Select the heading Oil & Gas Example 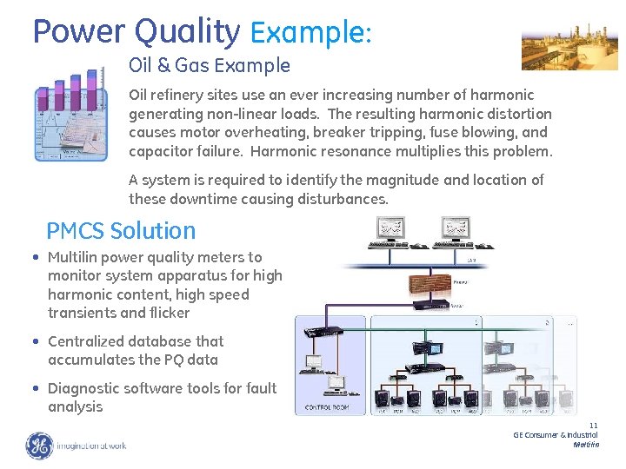point(209,65)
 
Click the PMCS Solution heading point(121,230)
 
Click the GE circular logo point(38,446)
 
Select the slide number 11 point(593,426)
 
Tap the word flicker point(169,313)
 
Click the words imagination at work point(91,446)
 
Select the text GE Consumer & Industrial point(555,434)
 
